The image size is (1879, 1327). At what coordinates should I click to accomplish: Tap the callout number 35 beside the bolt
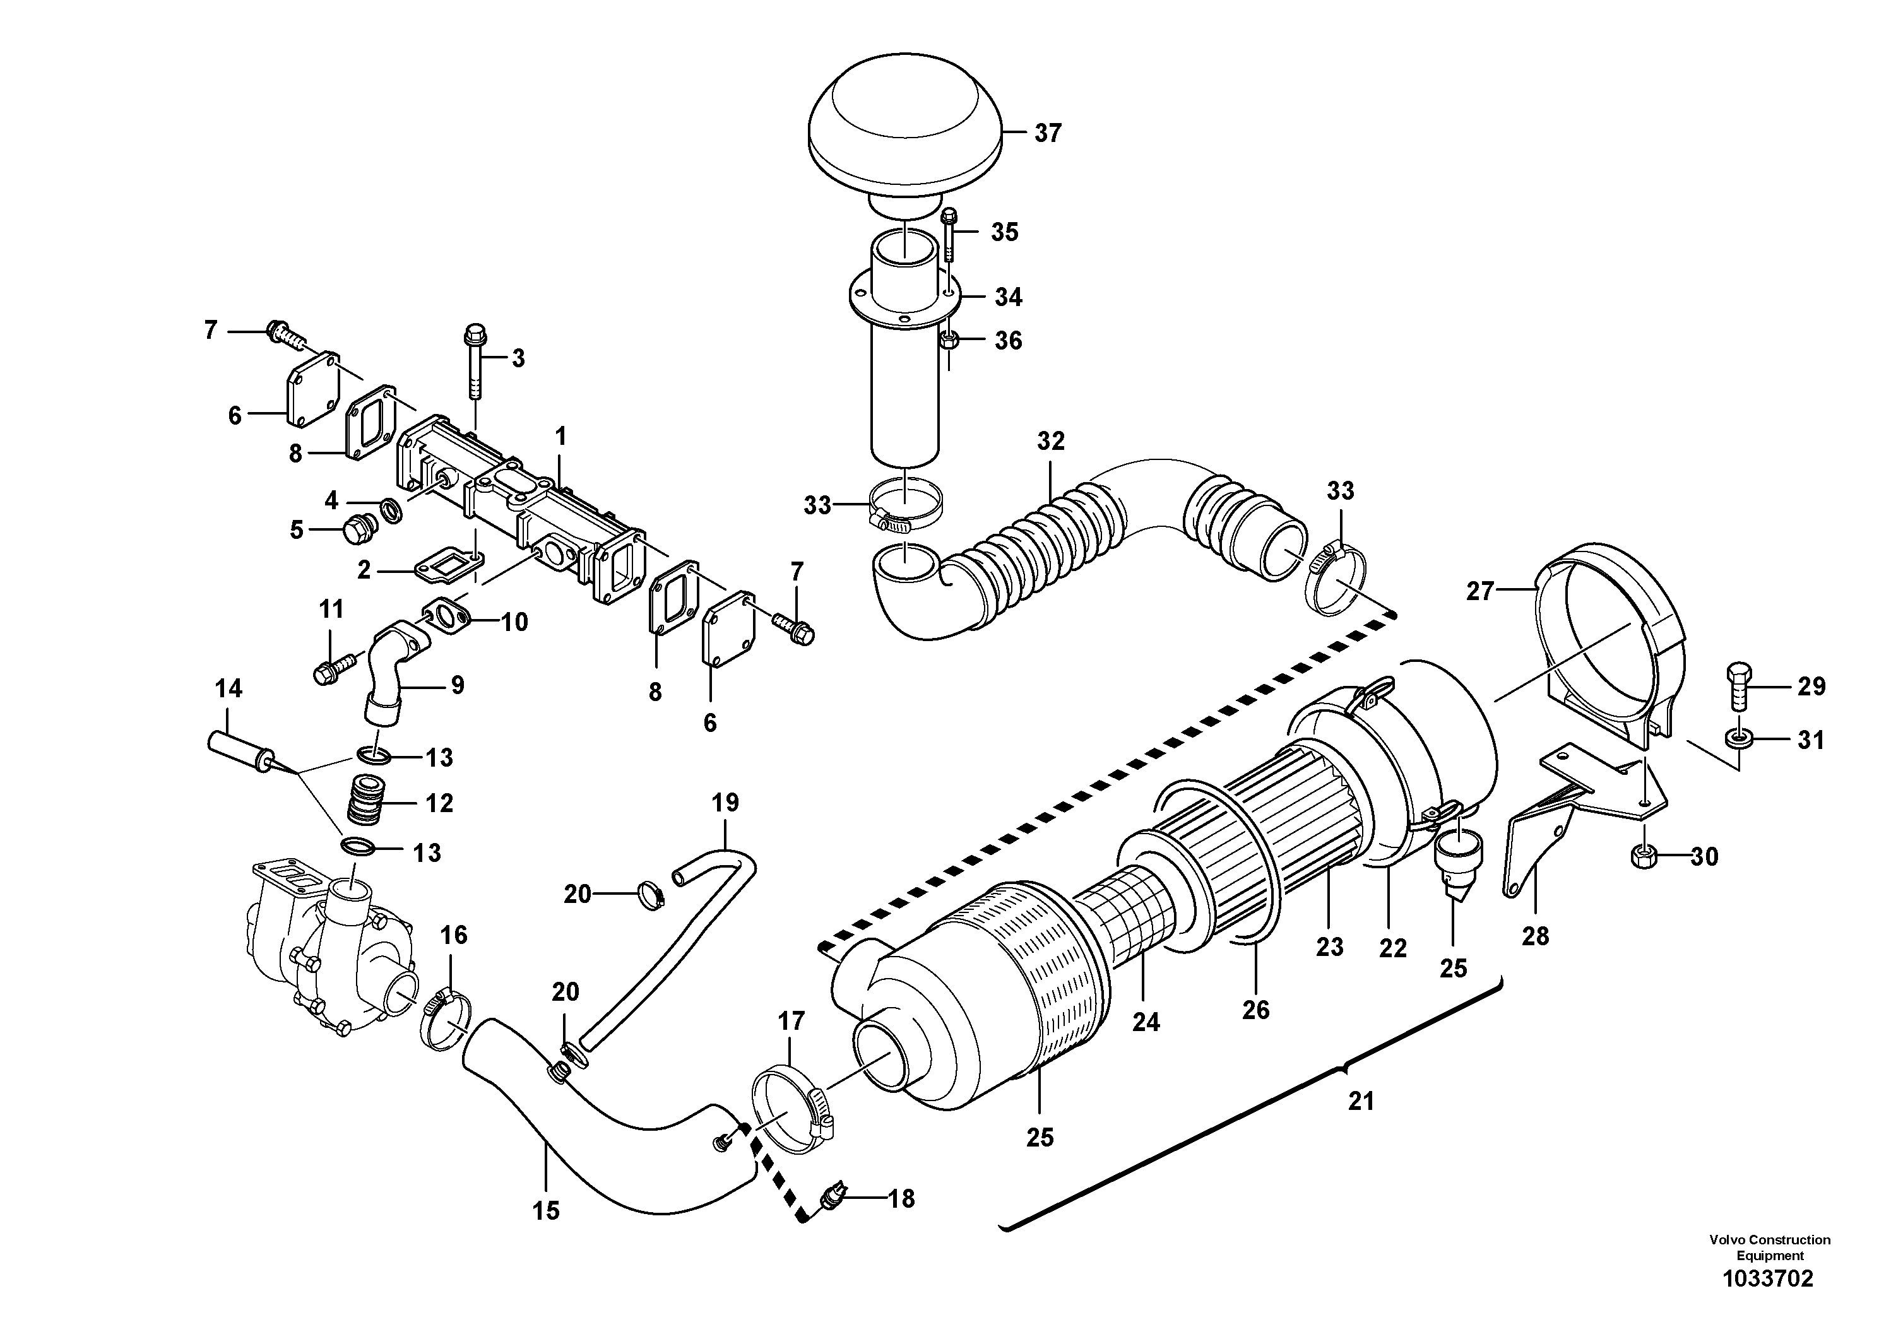tap(1004, 232)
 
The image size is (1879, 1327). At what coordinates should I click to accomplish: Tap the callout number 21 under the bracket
tap(1360, 1101)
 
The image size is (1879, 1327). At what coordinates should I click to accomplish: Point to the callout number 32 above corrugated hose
tap(1051, 442)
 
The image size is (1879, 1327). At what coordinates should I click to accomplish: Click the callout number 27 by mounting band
tap(1479, 591)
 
